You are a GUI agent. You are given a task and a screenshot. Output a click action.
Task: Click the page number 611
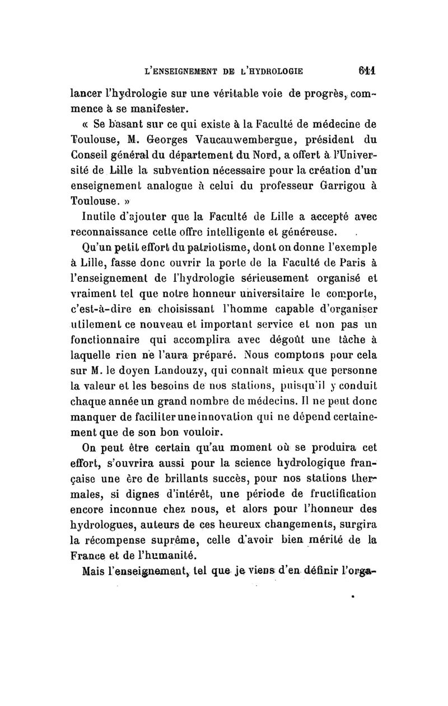click(367, 72)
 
